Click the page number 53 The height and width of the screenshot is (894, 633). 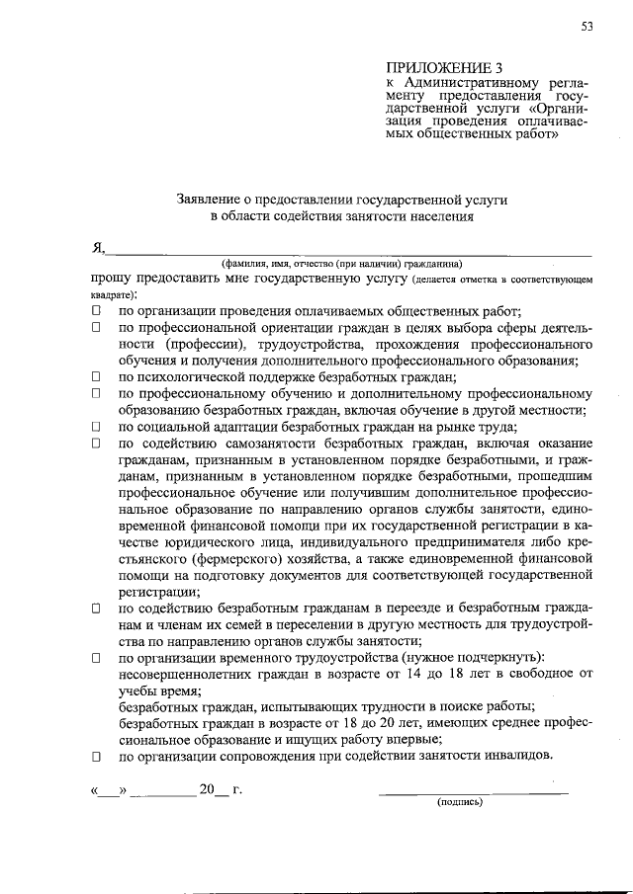coord(587,27)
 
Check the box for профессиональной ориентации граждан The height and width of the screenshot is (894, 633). coord(97,327)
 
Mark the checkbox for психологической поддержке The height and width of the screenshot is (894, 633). coord(97,376)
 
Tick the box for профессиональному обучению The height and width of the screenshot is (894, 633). coord(97,393)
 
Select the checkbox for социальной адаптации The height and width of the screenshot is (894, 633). coord(97,427)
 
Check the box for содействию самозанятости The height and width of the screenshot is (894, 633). coord(97,444)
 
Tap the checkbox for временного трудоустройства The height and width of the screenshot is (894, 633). coord(97,658)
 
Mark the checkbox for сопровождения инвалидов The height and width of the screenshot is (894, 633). coord(97,757)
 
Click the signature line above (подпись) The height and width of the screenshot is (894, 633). coord(475,792)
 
